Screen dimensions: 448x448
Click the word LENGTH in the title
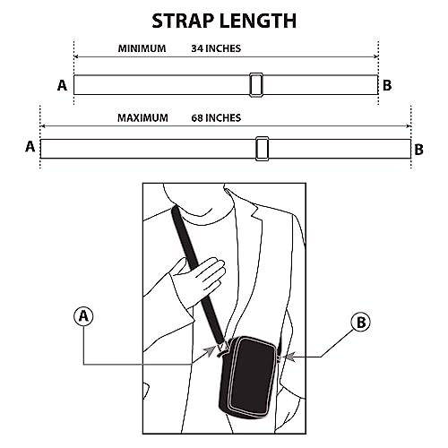(x=258, y=21)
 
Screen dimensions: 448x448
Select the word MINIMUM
(x=142, y=48)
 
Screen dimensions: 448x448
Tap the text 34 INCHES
(x=216, y=48)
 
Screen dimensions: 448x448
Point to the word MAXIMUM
(x=142, y=118)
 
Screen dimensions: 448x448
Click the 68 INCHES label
(x=216, y=118)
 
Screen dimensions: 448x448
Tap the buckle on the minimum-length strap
(x=256, y=85)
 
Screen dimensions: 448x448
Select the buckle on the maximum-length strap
(x=262, y=149)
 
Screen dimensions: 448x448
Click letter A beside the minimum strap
(x=62, y=85)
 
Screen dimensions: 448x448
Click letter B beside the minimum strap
(x=387, y=85)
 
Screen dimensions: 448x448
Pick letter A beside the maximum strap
(x=30, y=147)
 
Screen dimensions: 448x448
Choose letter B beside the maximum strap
(x=418, y=150)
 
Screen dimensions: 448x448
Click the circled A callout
(x=83, y=316)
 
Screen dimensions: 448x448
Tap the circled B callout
(x=361, y=322)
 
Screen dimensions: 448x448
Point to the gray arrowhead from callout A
(x=211, y=350)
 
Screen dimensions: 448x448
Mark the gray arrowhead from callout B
(x=289, y=357)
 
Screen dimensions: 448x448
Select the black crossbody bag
(x=248, y=377)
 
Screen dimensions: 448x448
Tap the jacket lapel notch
(x=256, y=212)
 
